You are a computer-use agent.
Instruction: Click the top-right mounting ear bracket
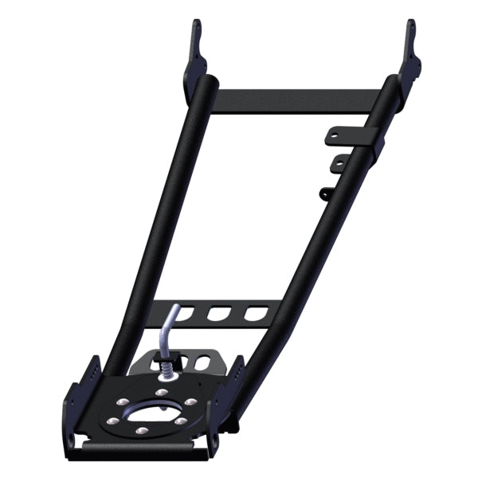(411, 53)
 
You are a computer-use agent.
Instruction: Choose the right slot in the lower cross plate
(253, 314)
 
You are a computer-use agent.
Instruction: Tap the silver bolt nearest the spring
(162, 392)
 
